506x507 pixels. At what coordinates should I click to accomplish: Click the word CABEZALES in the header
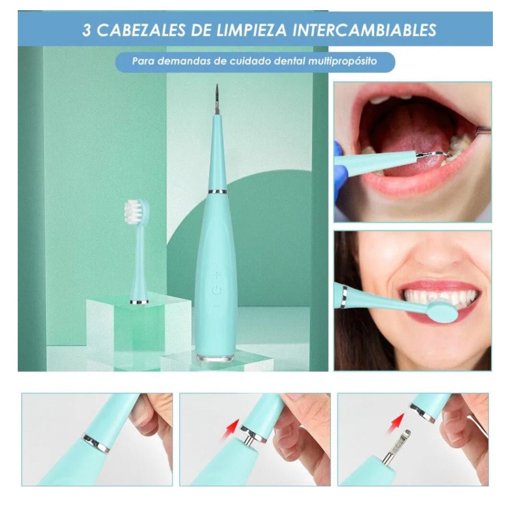141,30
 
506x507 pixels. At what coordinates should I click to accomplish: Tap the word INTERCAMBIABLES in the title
364,30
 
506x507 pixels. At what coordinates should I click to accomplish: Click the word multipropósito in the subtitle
342,62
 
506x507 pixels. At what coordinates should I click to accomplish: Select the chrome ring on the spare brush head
139,302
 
